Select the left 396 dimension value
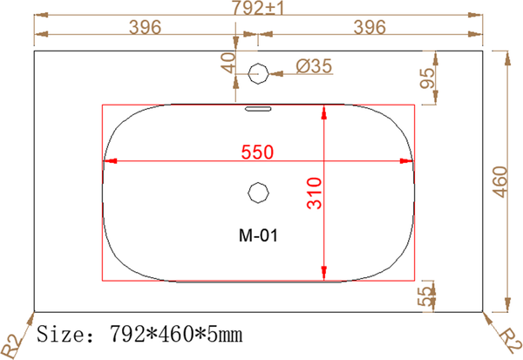tap(145, 27)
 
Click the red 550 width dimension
tap(258, 152)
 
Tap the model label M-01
tap(258, 234)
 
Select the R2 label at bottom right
tap(507, 339)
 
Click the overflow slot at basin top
tap(258, 109)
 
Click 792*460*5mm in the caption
tap(175, 334)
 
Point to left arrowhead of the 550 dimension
tap(109, 161)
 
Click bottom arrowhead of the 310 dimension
tap(324, 273)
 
